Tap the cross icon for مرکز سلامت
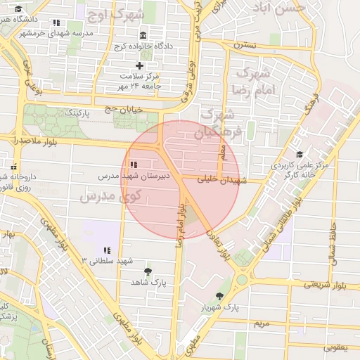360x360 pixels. [x=139, y=65]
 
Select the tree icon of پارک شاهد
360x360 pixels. [x=148, y=271]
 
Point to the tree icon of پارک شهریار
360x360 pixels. [x=220, y=297]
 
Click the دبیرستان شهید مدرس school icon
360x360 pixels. [x=134, y=165]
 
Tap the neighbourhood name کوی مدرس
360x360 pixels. [x=111, y=196]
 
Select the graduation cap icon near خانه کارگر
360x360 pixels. [x=300, y=155]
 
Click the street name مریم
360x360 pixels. [x=262, y=323]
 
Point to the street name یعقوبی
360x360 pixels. [x=337, y=347]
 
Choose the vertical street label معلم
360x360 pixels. [x=223, y=150]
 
